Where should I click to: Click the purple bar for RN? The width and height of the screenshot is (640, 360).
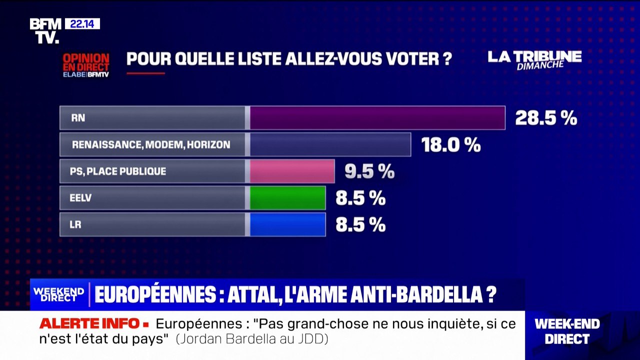point(377,118)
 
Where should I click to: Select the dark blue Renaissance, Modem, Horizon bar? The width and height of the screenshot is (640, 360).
point(330,144)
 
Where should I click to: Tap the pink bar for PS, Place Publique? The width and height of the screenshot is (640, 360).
point(292,171)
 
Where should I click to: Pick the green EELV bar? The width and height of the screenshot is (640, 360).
point(287,198)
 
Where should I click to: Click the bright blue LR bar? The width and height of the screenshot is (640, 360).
point(287,224)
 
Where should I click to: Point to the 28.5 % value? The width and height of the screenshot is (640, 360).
point(546,118)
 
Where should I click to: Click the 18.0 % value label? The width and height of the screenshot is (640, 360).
point(451,145)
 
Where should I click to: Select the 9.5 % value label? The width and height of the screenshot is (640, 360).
point(369,172)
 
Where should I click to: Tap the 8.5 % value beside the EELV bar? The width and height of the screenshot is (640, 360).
point(360,198)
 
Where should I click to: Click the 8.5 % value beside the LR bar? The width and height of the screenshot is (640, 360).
point(360,225)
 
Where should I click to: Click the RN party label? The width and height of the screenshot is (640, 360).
point(78,118)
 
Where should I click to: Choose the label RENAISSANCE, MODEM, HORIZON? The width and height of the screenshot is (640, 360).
point(151,145)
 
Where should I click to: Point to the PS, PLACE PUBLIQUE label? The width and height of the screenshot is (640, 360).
point(118,171)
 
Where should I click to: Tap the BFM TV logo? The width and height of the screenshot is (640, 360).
point(45,31)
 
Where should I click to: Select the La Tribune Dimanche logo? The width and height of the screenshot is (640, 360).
point(534,59)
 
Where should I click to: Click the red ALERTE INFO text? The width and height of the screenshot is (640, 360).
point(90,323)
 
